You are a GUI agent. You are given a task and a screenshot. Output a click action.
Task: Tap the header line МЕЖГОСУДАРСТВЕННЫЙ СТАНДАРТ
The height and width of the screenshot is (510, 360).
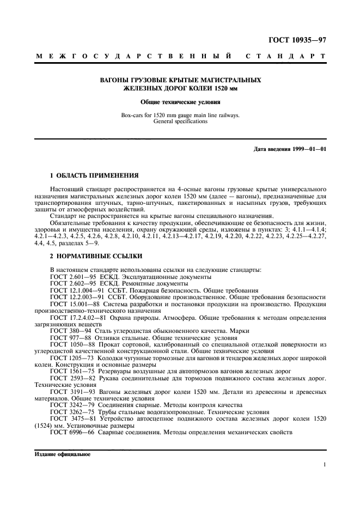tap(180, 56)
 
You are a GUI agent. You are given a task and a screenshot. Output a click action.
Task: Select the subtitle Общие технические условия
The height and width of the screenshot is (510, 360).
tap(180, 101)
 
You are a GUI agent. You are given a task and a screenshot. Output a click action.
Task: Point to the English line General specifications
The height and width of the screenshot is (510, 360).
tap(180, 122)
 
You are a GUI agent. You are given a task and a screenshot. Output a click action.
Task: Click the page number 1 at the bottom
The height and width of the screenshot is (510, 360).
tap(324, 465)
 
